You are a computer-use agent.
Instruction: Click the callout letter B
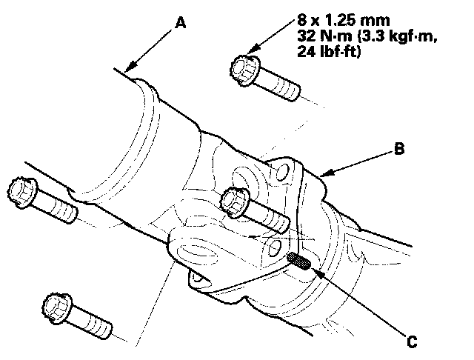pos(399,148)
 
